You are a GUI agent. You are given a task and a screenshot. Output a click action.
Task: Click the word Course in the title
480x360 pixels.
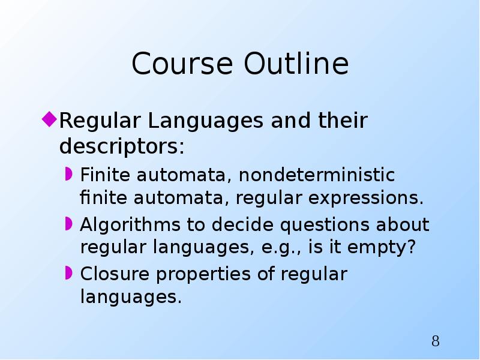(182, 64)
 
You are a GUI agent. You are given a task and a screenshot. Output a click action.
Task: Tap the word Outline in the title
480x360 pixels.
(296, 63)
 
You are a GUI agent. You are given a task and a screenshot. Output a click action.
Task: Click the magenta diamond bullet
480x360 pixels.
(49, 119)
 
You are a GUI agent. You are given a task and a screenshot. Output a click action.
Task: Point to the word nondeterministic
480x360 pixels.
(317, 175)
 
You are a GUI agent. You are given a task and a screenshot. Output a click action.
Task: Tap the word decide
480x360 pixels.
(242, 224)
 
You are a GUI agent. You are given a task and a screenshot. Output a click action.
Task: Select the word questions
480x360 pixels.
(325, 225)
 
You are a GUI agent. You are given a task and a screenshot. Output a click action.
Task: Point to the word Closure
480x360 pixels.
(115, 274)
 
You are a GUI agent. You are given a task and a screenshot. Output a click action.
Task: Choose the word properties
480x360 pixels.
(203, 274)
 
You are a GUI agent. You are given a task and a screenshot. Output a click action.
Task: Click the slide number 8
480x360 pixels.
(436, 341)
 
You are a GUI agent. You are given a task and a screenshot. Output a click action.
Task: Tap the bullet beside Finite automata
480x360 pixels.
(68, 174)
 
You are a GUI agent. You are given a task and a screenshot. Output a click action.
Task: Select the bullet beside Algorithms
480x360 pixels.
(68, 224)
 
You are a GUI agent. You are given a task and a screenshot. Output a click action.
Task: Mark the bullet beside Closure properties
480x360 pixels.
(68, 273)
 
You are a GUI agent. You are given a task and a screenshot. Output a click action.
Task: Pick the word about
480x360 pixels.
(403, 224)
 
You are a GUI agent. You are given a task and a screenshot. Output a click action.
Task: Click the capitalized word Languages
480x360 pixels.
(205, 121)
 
